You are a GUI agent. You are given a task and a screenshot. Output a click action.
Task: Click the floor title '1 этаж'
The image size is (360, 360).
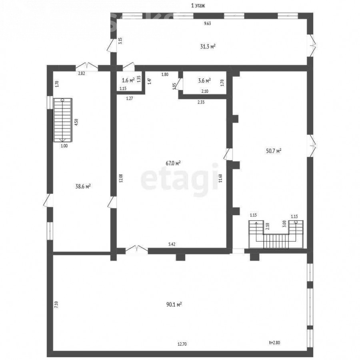pos(198,6)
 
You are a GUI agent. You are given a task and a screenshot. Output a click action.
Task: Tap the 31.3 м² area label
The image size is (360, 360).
pos(208,47)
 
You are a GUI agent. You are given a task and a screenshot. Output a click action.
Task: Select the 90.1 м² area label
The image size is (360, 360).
pos(174,305)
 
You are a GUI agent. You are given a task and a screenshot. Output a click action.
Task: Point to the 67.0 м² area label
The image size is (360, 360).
pos(173,163)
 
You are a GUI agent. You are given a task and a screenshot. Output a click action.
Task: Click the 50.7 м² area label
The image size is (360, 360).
pos(274,151)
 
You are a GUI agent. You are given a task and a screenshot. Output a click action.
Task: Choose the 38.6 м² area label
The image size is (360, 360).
pos(83,186)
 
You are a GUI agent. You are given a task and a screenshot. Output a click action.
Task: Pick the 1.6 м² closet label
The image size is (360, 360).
pos(128,80)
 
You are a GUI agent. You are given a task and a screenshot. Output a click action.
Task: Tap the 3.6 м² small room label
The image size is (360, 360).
pos(204,80)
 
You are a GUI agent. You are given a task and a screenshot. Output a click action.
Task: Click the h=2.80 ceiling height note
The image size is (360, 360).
pos(274,343)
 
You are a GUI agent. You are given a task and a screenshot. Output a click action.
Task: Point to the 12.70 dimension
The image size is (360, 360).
pos(182,344)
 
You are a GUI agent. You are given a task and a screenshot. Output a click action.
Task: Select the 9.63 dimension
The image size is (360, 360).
pos(208,24)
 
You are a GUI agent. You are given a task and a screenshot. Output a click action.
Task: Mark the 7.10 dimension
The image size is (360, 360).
pos(56,305)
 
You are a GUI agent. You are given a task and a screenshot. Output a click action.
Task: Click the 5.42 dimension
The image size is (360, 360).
pos(172,244)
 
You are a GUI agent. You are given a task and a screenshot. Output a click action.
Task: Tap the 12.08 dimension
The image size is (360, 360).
pos(121,178)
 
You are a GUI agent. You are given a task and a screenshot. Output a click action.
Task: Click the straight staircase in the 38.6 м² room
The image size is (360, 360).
pos(63,120)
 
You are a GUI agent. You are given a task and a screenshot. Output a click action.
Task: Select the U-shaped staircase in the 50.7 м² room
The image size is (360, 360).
pos(276,234)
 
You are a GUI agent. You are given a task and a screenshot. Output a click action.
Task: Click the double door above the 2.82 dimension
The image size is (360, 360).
pos(87,66)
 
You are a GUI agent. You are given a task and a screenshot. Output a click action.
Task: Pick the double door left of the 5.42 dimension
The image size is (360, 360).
pos(137,250)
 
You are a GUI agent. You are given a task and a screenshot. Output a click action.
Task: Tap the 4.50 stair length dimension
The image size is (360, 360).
pos(77,122)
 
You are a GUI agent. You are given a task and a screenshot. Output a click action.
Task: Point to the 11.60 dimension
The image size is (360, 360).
pos(220,178)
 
